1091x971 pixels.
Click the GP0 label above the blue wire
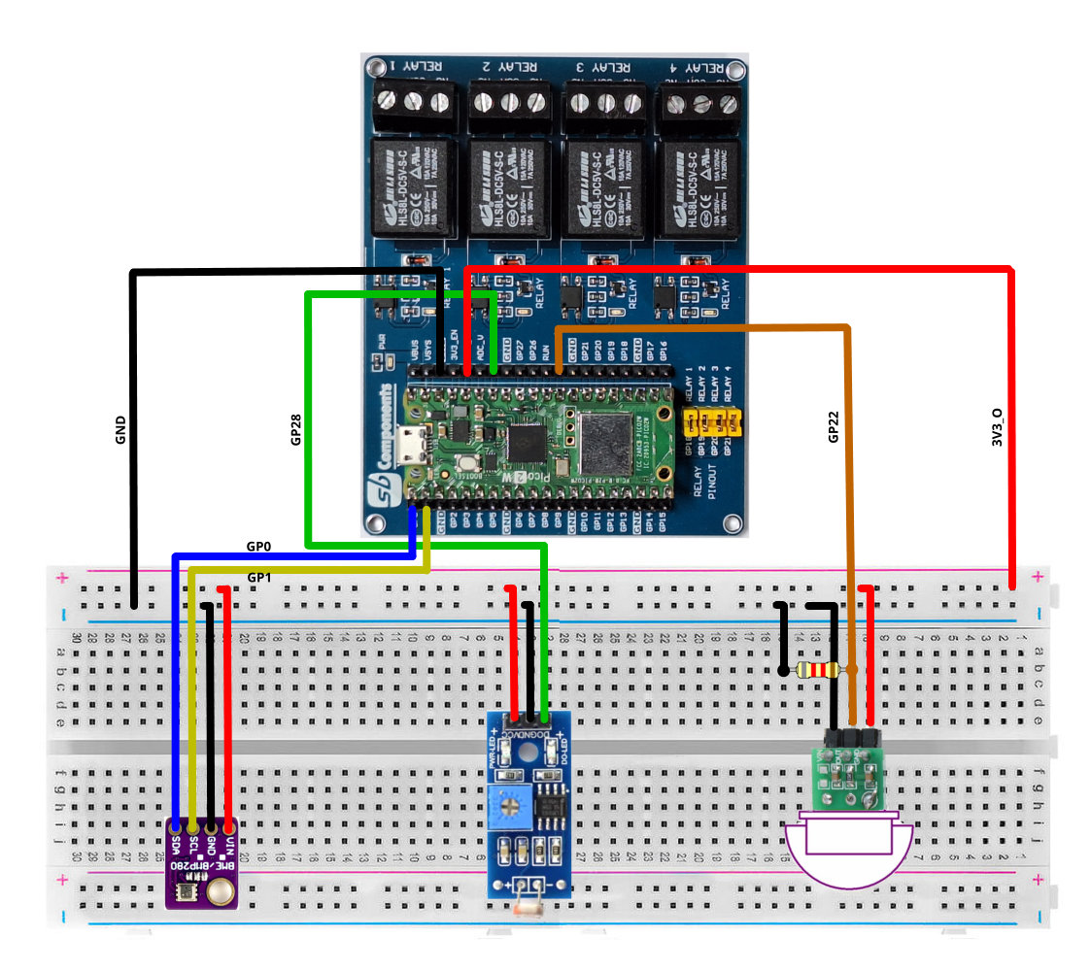[259, 547]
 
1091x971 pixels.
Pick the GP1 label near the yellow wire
[259, 578]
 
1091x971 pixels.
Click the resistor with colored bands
[816, 670]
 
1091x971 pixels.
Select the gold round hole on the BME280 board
[220, 888]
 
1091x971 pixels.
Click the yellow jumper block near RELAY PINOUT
[711, 422]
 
